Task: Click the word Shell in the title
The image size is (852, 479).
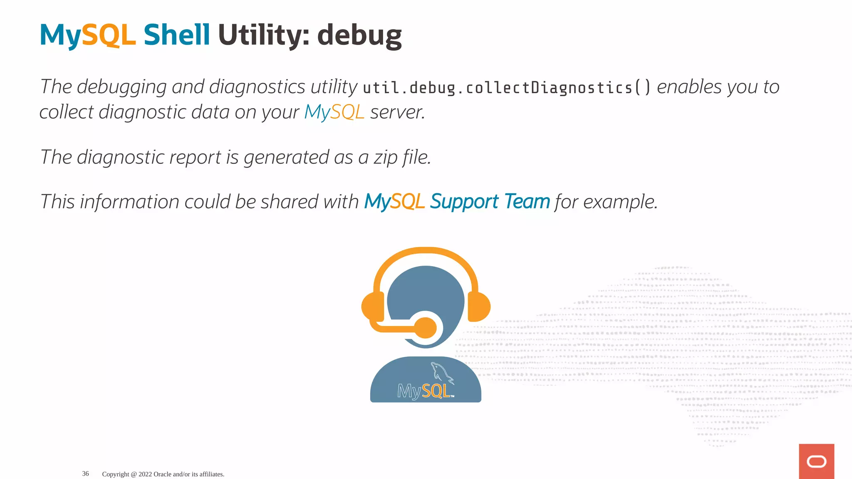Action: point(176,35)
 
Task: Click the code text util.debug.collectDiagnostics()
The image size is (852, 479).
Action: point(506,88)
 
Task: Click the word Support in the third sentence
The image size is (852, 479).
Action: point(464,202)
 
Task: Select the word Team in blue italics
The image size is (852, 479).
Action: point(527,202)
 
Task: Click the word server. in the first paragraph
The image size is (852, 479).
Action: point(398,112)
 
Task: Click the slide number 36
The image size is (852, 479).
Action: point(85,474)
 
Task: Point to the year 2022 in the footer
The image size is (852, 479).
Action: point(145,474)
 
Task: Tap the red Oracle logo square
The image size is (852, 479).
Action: point(816,461)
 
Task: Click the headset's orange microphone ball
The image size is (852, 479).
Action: point(425,328)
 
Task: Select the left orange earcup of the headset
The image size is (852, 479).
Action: point(373,307)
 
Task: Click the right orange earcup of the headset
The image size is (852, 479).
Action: point(479,307)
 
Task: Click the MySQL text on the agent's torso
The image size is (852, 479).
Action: point(424,391)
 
